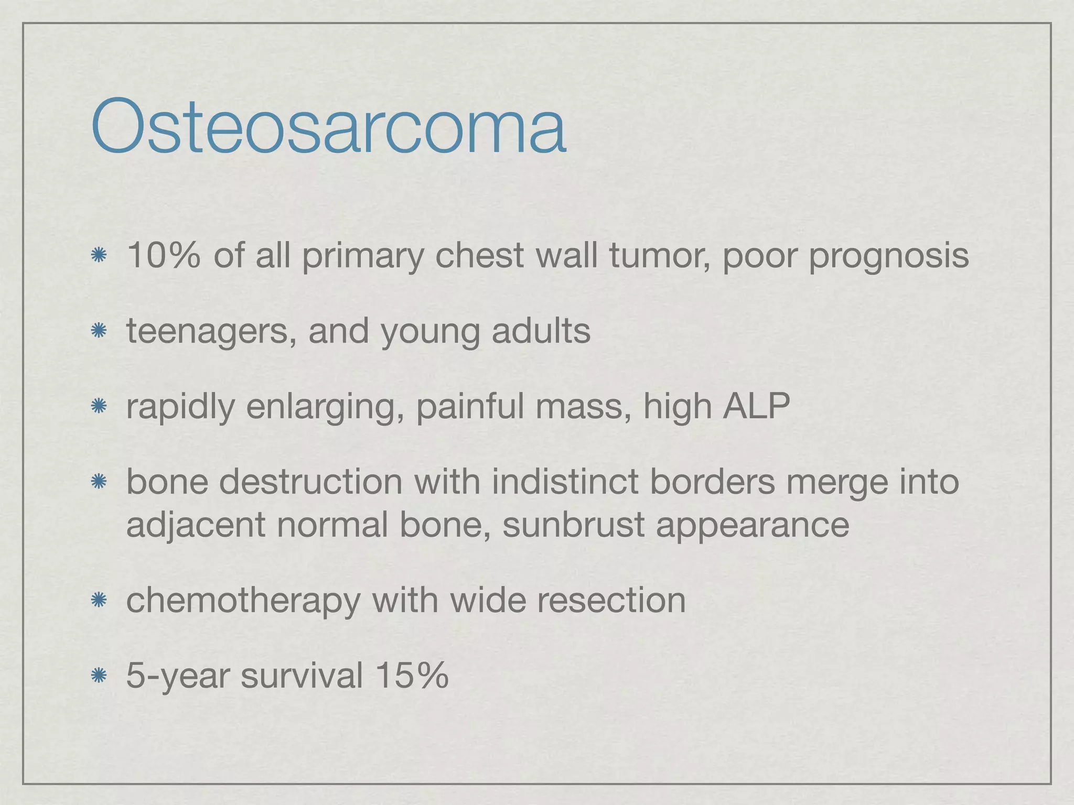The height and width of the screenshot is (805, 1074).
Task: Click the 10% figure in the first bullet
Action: click(x=163, y=255)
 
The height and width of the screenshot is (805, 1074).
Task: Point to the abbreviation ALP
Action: click(x=756, y=406)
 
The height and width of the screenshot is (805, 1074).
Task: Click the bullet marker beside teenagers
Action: click(x=99, y=331)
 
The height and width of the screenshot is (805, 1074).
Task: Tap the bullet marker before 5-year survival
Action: click(x=99, y=676)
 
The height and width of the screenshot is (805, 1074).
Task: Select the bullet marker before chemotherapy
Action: click(x=99, y=600)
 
